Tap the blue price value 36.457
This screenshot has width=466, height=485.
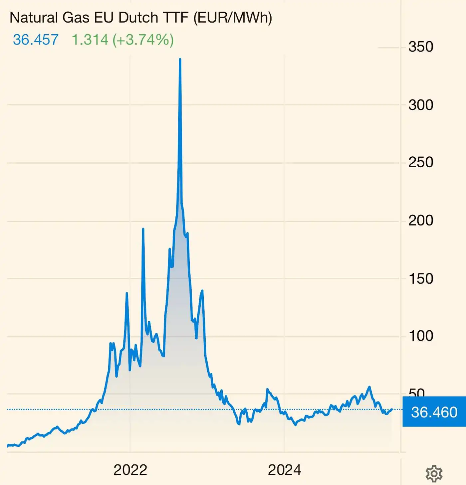pyautogui.click(x=36, y=40)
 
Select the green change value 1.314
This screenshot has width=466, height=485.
pyautogui.click(x=90, y=40)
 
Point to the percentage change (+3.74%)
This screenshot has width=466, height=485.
pyautogui.click(x=143, y=40)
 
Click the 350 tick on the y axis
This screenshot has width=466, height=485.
pyautogui.click(x=421, y=47)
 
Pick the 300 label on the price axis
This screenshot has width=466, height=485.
pyautogui.click(x=421, y=105)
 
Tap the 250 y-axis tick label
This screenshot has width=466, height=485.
pyautogui.click(x=421, y=163)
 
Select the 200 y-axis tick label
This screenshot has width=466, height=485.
pyautogui.click(x=421, y=221)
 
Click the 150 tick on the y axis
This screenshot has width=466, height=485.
pyautogui.click(x=421, y=279)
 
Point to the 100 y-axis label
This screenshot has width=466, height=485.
pyautogui.click(x=421, y=336)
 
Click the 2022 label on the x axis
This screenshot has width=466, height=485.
pyautogui.click(x=130, y=470)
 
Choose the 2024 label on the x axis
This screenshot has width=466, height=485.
pyautogui.click(x=284, y=470)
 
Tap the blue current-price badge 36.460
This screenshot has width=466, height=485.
pyautogui.click(x=434, y=412)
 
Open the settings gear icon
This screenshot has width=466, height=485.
pyautogui.click(x=434, y=473)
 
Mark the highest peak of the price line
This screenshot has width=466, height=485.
pyautogui.click(x=180, y=59)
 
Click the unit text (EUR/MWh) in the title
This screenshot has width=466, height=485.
pyautogui.click(x=233, y=18)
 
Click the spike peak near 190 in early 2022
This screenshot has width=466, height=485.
pyautogui.click(x=143, y=229)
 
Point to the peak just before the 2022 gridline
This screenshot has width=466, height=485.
pyautogui.click(x=127, y=293)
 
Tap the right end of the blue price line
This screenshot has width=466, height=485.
pyautogui.click(x=392, y=409)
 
